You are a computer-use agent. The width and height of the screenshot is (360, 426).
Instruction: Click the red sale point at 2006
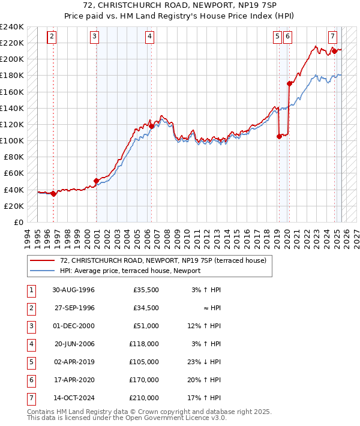point(152,126)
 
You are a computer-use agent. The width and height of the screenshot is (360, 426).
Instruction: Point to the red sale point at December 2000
point(96,181)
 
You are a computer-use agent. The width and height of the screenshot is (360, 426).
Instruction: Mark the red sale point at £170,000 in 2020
point(289,84)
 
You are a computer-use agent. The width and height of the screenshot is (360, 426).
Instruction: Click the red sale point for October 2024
point(334,51)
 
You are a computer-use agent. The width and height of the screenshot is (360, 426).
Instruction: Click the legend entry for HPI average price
point(130,271)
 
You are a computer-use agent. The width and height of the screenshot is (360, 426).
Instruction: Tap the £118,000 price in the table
point(145,344)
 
